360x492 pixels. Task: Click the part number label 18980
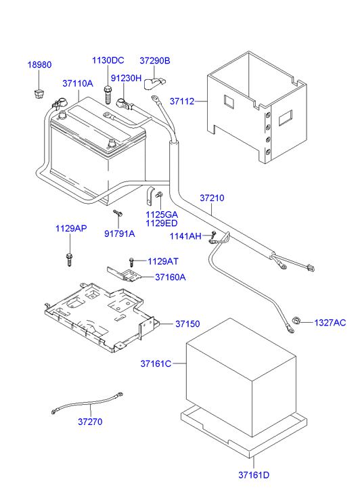tap(39, 65)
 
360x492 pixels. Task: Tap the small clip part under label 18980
tap(39, 91)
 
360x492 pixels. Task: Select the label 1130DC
tap(108, 61)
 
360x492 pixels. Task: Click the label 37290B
tap(155, 61)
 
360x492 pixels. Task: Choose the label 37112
tap(182, 102)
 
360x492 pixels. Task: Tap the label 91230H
tap(127, 78)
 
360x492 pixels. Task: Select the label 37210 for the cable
tap(212, 198)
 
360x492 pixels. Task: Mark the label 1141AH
tap(185, 236)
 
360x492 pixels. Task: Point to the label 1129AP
tap(71, 229)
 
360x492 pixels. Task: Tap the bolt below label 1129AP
tap(69, 258)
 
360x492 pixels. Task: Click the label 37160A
tap(171, 277)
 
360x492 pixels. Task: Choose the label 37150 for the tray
tap(188, 324)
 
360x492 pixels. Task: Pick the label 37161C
tap(156, 363)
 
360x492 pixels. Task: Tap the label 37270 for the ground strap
tap(90, 422)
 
